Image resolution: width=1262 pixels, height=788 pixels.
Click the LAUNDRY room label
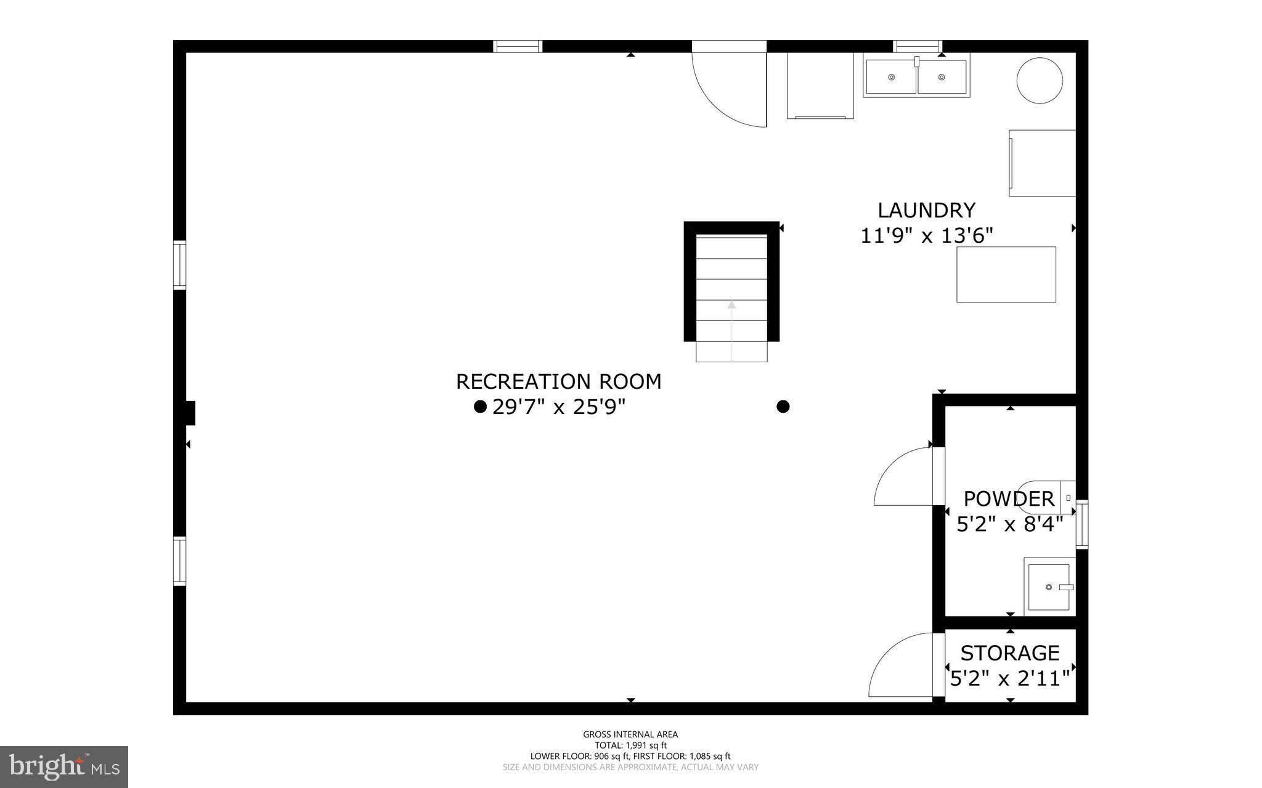click(926, 210)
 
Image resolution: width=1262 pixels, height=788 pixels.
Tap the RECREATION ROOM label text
click(558, 381)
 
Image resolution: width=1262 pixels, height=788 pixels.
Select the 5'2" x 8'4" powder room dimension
click(1010, 524)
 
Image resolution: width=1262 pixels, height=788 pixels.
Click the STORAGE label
click(1010, 652)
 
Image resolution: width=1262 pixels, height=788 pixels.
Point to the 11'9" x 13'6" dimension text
click(926, 235)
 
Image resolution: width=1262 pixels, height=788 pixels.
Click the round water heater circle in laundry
click(1040, 80)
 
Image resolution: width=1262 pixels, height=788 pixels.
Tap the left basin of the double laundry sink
click(891, 77)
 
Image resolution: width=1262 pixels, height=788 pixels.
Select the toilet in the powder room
click(1048, 497)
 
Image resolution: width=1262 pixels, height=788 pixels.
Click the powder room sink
click(1049, 587)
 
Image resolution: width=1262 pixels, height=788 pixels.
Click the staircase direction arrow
click(731, 304)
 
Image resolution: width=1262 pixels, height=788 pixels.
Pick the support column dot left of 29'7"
click(480, 407)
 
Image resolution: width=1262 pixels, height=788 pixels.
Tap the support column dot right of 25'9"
click(783, 407)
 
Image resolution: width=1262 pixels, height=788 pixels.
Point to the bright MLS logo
click(64, 767)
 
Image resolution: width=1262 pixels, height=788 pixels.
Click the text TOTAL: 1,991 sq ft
click(630, 745)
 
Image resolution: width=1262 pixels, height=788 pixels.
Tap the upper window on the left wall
click(179, 265)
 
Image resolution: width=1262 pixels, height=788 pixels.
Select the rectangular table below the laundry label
click(1006, 274)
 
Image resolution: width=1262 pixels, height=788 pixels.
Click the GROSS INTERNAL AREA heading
click(630, 734)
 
